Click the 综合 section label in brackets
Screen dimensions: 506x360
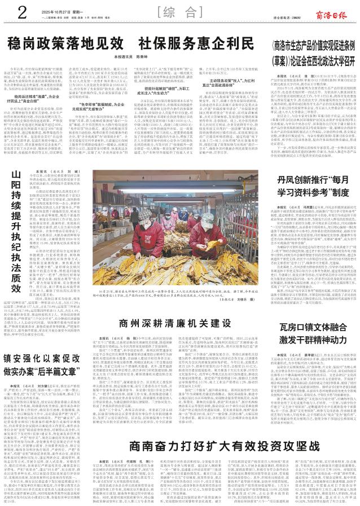[180, 11]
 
